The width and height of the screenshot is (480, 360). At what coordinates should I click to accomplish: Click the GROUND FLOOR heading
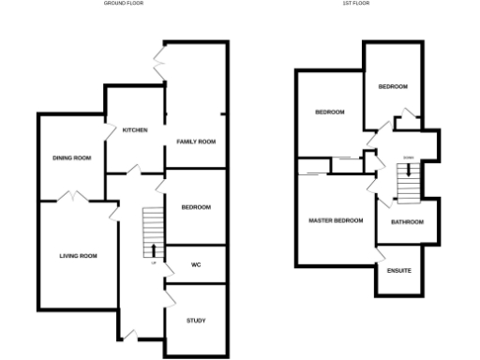point(123,3)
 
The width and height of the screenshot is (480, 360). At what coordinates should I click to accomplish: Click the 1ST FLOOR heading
point(355,3)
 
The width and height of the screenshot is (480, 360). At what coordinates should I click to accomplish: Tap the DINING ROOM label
point(71,157)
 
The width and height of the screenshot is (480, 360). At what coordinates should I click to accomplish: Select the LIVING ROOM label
point(78,255)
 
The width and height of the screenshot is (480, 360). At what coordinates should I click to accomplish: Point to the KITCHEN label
point(135,130)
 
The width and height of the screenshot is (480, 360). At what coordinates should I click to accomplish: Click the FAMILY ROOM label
point(196,142)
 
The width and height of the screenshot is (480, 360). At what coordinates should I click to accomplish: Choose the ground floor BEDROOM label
point(196,207)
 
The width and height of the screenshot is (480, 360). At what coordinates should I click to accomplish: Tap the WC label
point(196,264)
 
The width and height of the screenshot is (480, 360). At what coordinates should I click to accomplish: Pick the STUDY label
point(196,322)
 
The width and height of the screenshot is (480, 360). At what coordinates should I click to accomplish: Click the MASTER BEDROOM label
point(336,220)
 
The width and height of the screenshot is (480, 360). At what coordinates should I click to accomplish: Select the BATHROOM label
point(407,222)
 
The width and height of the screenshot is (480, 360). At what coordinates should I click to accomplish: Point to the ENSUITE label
point(398,271)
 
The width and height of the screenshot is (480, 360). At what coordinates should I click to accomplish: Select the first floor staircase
point(408,182)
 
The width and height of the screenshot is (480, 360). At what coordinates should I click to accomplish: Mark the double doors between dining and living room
point(72,198)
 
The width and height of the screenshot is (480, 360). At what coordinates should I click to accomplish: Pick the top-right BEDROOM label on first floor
point(393,86)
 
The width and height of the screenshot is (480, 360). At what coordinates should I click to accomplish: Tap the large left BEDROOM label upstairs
point(329,112)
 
